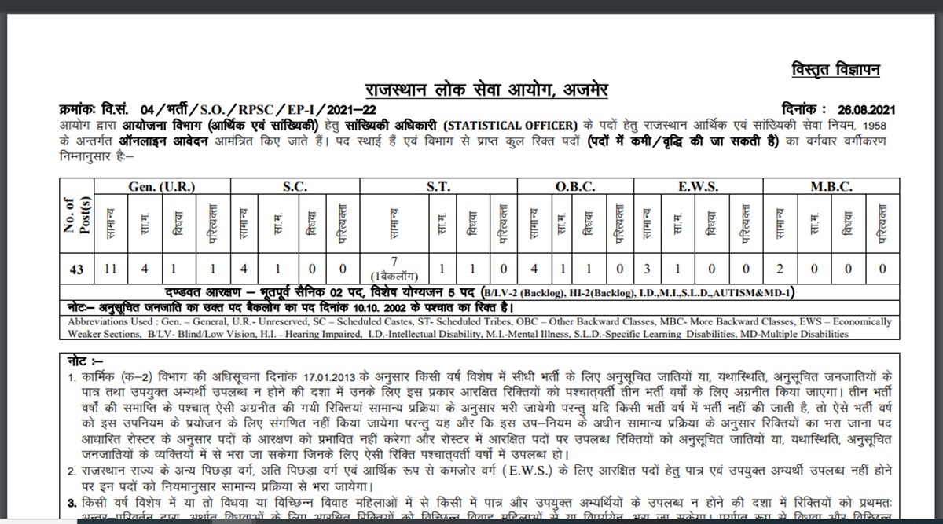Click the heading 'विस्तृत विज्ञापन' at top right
click(836, 71)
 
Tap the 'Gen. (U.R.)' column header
click(161, 186)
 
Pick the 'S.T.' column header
click(438, 186)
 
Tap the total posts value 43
click(76, 269)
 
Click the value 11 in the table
click(110, 269)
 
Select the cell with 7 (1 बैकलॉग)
click(396, 269)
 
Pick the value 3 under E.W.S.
click(647, 269)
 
